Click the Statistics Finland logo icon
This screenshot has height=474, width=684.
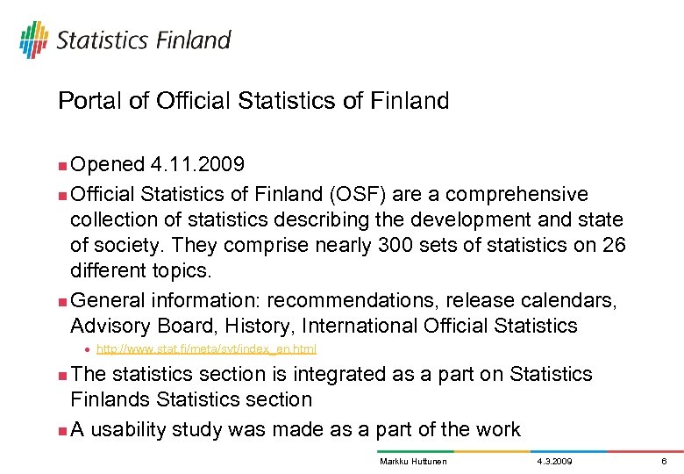click(x=34, y=39)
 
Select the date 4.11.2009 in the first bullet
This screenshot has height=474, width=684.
click(x=198, y=165)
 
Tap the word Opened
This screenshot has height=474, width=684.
click(x=108, y=165)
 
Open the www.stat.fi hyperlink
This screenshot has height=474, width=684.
click(x=206, y=349)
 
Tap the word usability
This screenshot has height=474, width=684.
click(x=135, y=429)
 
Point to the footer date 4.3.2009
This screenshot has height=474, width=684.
click(x=553, y=461)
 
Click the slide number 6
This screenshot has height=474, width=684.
click(x=665, y=461)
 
